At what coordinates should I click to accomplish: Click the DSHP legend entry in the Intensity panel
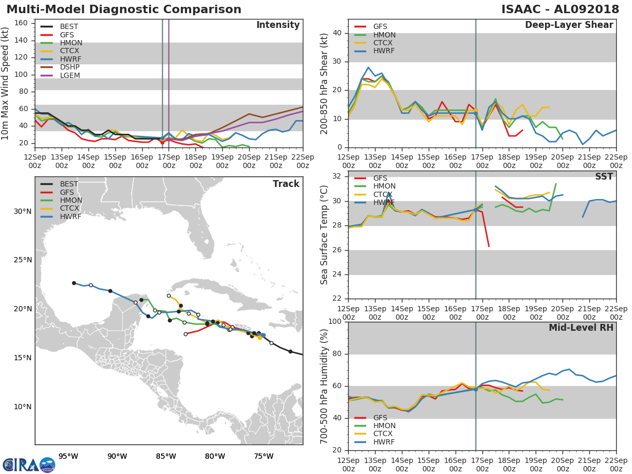pyautogui.click(x=60, y=67)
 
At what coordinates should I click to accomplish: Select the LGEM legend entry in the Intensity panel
pyautogui.click(x=60, y=75)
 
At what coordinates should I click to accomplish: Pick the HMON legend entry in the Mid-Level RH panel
pyautogui.click(x=375, y=426)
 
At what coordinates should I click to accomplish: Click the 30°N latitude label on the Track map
pyautogui.click(x=23, y=211)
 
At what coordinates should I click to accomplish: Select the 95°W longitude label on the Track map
pyautogui.click(x=68, y=456)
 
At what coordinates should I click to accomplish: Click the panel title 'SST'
pyautogui.click(x=604, y=177)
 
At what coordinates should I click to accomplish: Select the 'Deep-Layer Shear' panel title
pyautogui.click(x=569, y=25)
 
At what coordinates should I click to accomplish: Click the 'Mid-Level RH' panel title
pyautogui.click(x=581, y=328)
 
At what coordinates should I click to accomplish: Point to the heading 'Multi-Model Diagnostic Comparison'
pyautogui.click(x=124, y=9)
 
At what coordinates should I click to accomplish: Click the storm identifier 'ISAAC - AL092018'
pyautogui.click(x=560, y=9)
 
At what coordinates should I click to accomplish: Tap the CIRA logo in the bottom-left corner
pyautogui.click(x=29, y=465)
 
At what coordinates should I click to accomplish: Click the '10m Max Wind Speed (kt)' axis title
pyautogui.click(x=5, y=83)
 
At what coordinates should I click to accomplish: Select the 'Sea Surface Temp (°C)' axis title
pyautogui.click(x=324, y=235)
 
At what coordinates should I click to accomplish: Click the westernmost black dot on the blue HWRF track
pyautogui.click(x=74, y=283)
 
